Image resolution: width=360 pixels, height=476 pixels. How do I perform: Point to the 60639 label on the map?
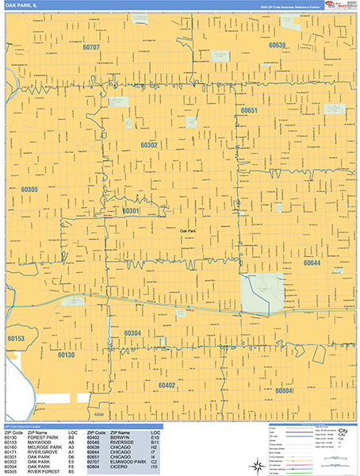coord(277,45)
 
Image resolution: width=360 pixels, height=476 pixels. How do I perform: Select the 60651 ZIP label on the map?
coord(249,109)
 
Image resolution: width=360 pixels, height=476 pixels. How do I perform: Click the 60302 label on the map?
coord(149,145)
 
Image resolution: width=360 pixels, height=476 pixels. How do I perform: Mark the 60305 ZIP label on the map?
coord(30,190)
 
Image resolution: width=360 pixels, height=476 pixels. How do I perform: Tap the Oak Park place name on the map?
coord(188,230)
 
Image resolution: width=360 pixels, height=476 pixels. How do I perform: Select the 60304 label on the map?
coord(132,333)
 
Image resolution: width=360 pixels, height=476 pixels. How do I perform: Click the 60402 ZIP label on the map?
coord(167,385)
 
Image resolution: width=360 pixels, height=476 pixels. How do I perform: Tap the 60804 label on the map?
coord(285,390)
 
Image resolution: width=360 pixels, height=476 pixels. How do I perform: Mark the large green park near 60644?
coord(262,291)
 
